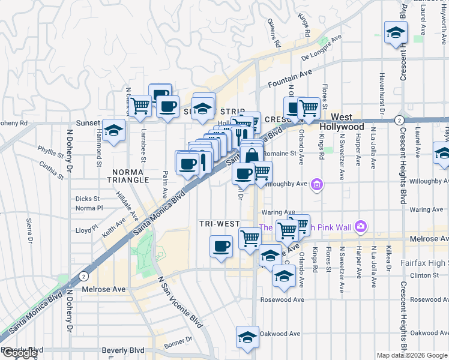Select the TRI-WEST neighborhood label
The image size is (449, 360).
click(220, 224)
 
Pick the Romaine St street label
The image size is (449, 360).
click(280, 154)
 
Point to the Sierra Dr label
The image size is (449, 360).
click(30, 232)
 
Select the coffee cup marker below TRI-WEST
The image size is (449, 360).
click(221, 246)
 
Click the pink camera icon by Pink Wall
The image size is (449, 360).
click(360, 226)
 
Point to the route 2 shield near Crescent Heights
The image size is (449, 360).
click(399, 120)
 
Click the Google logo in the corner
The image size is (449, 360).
click(19, 353)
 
